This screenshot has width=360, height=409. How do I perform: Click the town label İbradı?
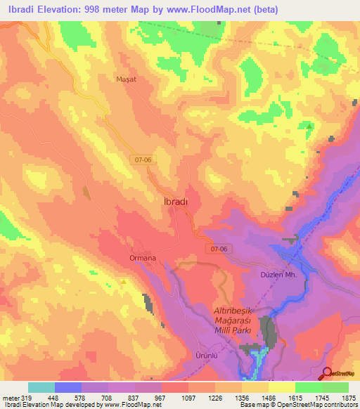click(171, 202)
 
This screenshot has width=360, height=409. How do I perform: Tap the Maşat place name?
click(126, 79)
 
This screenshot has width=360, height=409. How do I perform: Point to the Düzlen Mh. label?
click(300, 275)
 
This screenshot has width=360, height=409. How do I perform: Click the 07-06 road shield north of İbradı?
click(143, 160)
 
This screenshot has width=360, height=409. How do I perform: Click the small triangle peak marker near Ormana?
click(124, 283)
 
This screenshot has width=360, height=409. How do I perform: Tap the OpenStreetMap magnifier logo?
click(328, 372)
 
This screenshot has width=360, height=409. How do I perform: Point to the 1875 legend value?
click(349, 397)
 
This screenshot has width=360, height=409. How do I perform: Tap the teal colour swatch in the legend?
click(41, 387)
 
